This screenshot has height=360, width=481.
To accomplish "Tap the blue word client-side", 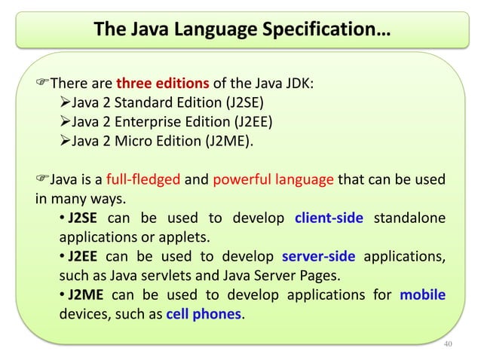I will click(329, 218).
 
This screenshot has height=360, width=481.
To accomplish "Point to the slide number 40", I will click(448, 343).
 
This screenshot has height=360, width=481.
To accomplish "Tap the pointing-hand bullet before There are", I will click(42, 84).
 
